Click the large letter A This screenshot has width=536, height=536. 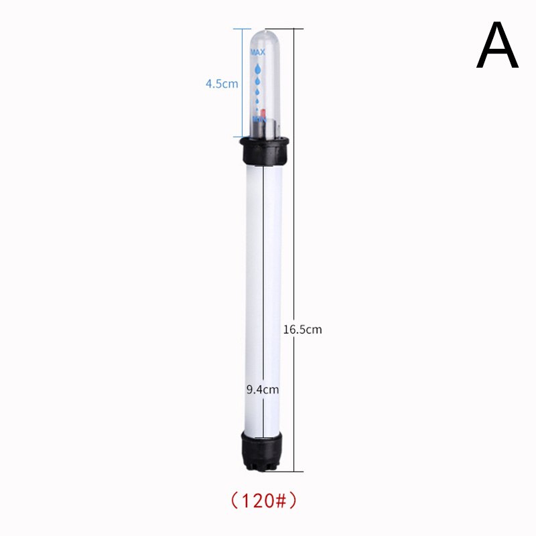click(497, 45)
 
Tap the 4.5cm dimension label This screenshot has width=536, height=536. click(222, 84)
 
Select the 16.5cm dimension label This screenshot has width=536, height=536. click(303, 330)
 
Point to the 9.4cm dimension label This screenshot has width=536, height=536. click(263, 389)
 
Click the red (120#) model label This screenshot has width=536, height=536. click(263, 501)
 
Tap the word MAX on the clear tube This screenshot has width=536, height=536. click(258, 52)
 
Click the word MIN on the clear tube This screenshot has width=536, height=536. click(259, 120)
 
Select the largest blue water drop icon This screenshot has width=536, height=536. click(258, 69)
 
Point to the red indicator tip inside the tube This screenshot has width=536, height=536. click(263, 113)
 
